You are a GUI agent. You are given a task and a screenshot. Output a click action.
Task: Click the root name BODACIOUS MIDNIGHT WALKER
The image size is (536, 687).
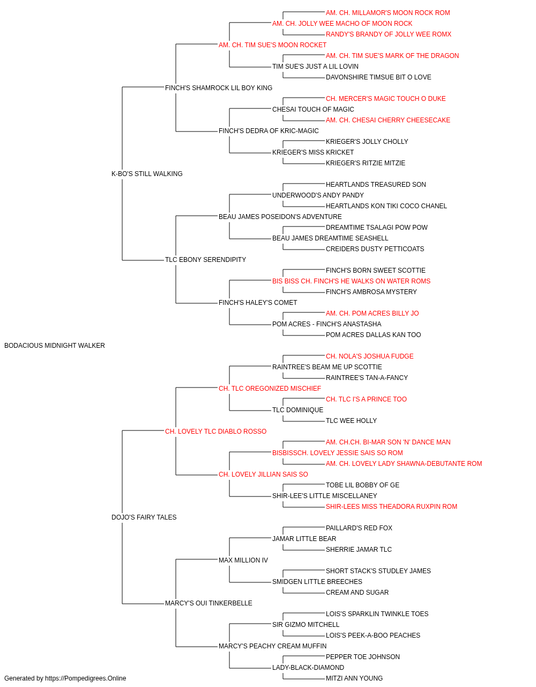(55, 346)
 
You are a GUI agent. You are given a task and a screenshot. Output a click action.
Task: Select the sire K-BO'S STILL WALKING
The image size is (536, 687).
(147, 174)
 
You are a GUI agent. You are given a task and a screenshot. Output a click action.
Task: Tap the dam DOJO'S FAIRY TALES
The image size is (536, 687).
(144, 517)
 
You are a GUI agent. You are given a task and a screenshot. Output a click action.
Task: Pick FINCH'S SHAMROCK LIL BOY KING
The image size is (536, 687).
(219, 88)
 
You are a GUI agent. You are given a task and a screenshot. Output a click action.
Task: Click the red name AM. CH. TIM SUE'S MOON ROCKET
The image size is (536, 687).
(272, 45)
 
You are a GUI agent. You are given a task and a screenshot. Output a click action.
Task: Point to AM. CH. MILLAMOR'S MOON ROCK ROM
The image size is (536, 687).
(388, 13)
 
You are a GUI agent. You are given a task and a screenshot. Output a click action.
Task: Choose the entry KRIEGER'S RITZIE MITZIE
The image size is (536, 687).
(366, 163)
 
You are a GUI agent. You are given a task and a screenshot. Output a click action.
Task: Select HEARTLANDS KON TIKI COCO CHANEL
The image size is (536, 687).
(386, 206)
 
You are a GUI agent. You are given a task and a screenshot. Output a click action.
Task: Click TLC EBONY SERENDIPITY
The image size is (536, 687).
(205, 260)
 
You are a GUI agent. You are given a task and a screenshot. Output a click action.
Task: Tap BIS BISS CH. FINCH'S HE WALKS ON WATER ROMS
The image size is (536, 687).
(351, 281)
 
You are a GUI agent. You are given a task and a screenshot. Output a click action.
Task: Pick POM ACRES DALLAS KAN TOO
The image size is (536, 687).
(374, 335)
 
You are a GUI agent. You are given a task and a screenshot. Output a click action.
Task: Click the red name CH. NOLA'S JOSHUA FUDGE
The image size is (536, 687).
(370, 356)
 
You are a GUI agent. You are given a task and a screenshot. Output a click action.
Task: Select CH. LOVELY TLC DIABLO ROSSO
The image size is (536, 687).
(215, 432)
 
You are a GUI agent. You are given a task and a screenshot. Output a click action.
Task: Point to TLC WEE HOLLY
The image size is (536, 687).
(351, 421)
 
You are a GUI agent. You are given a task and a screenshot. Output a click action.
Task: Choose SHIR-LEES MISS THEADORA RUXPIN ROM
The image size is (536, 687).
(391, 507)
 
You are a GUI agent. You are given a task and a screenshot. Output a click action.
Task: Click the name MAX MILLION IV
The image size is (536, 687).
(243, 560)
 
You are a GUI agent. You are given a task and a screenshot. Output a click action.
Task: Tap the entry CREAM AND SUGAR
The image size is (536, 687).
(358, 593)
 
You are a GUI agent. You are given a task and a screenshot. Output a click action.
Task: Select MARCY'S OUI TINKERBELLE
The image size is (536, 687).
(209, 603)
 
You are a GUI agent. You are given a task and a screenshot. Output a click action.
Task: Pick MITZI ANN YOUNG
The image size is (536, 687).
(354, 678)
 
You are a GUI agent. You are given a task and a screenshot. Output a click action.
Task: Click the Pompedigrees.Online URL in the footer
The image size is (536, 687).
(86, 678)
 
